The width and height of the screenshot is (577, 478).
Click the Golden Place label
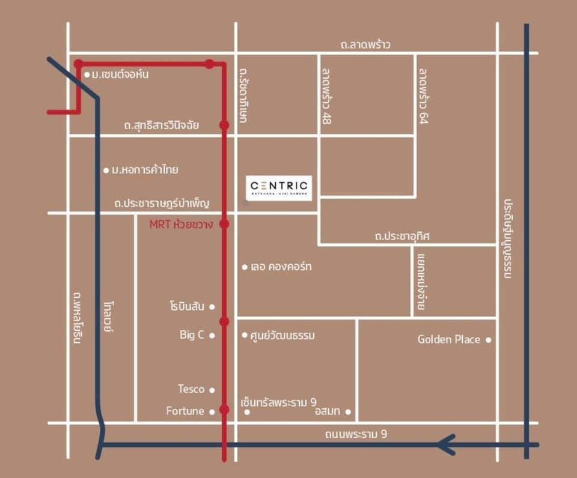(448, 340)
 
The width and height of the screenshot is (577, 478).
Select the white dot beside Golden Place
(488, 340)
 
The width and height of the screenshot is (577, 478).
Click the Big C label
(192, 335)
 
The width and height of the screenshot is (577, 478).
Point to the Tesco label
(191, 389)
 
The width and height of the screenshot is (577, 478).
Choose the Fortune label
(185, 411)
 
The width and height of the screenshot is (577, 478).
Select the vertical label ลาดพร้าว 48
(326, 95)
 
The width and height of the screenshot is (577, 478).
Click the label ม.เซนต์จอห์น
(120, 74)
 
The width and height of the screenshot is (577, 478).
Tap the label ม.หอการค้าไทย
(144, 170)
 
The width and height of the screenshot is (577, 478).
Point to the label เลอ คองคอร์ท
(281, 267)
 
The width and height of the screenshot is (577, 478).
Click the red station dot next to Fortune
(224, 410)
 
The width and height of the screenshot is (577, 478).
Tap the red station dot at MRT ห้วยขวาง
(224, 224)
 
